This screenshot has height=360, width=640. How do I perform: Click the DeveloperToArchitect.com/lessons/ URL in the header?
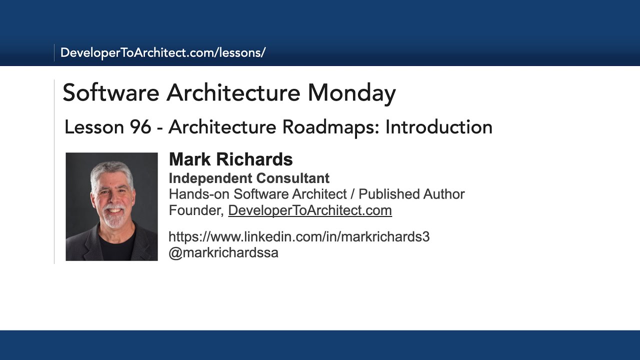pyautogui.click(x=162, y=52)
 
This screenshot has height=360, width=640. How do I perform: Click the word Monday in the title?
pyautogui.click(x=351, y=93)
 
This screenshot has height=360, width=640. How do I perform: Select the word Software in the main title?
pyautogui.click(x=111, y=93)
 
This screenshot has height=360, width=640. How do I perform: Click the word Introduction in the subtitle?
pyautogui.click(x=438, y=127)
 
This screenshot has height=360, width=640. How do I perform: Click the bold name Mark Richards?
pyautogui.click(x=230, y=159)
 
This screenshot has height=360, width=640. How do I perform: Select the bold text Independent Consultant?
pyautogui.click(x=249, y=178)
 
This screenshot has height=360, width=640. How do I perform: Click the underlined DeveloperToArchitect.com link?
pyautogui.click(x=310, y=210)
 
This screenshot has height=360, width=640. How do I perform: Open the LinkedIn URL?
pyautogui.click(x=299, y=236)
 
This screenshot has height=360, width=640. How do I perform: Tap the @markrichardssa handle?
pyautogui.click(x=223, y=252)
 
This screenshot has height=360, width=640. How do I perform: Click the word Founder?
pyautogui.click(x=194, y=210)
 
